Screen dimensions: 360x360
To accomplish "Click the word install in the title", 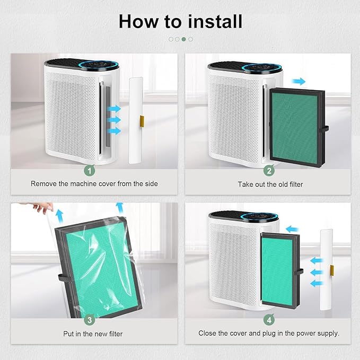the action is click(x=215, y=22).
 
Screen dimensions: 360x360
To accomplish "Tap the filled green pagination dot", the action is click(x=183, y=39).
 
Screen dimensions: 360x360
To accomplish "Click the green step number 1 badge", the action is click(x=90, y=171).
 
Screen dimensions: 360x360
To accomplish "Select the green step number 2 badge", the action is click(x=269, y=171).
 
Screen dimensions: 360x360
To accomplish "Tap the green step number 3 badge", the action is click(x=90, y=320).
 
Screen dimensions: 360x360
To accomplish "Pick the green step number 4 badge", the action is click(x=269, y=320).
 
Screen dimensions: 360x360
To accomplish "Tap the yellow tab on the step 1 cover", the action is click(x=142, y=121).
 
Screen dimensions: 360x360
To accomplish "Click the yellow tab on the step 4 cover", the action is click(x=332, y=270).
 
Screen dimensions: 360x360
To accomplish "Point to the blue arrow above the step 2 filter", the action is click(x=298, y=81).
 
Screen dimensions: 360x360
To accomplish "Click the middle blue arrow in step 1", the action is click(x=114, y=120).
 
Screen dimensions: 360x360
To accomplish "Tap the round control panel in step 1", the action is click(x=99, y=65).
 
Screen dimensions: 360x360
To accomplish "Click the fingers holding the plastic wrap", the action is click(x=43, y=207).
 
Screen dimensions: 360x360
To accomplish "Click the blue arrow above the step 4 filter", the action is click(x=292, y=229).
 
